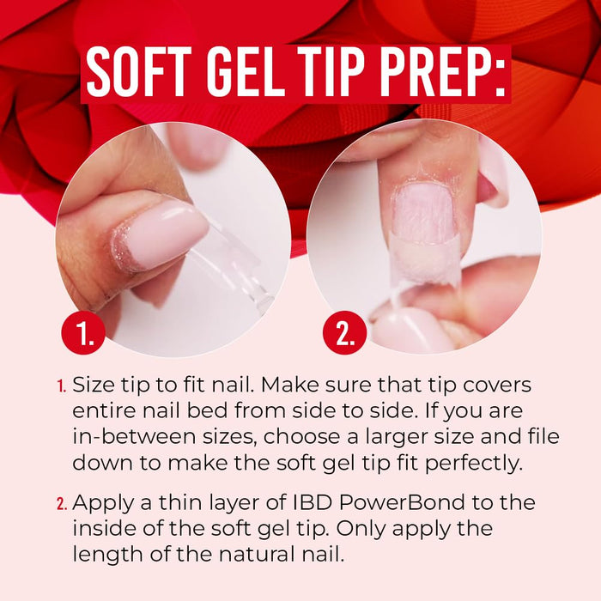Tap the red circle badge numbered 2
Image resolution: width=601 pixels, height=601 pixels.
(344, 333)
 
